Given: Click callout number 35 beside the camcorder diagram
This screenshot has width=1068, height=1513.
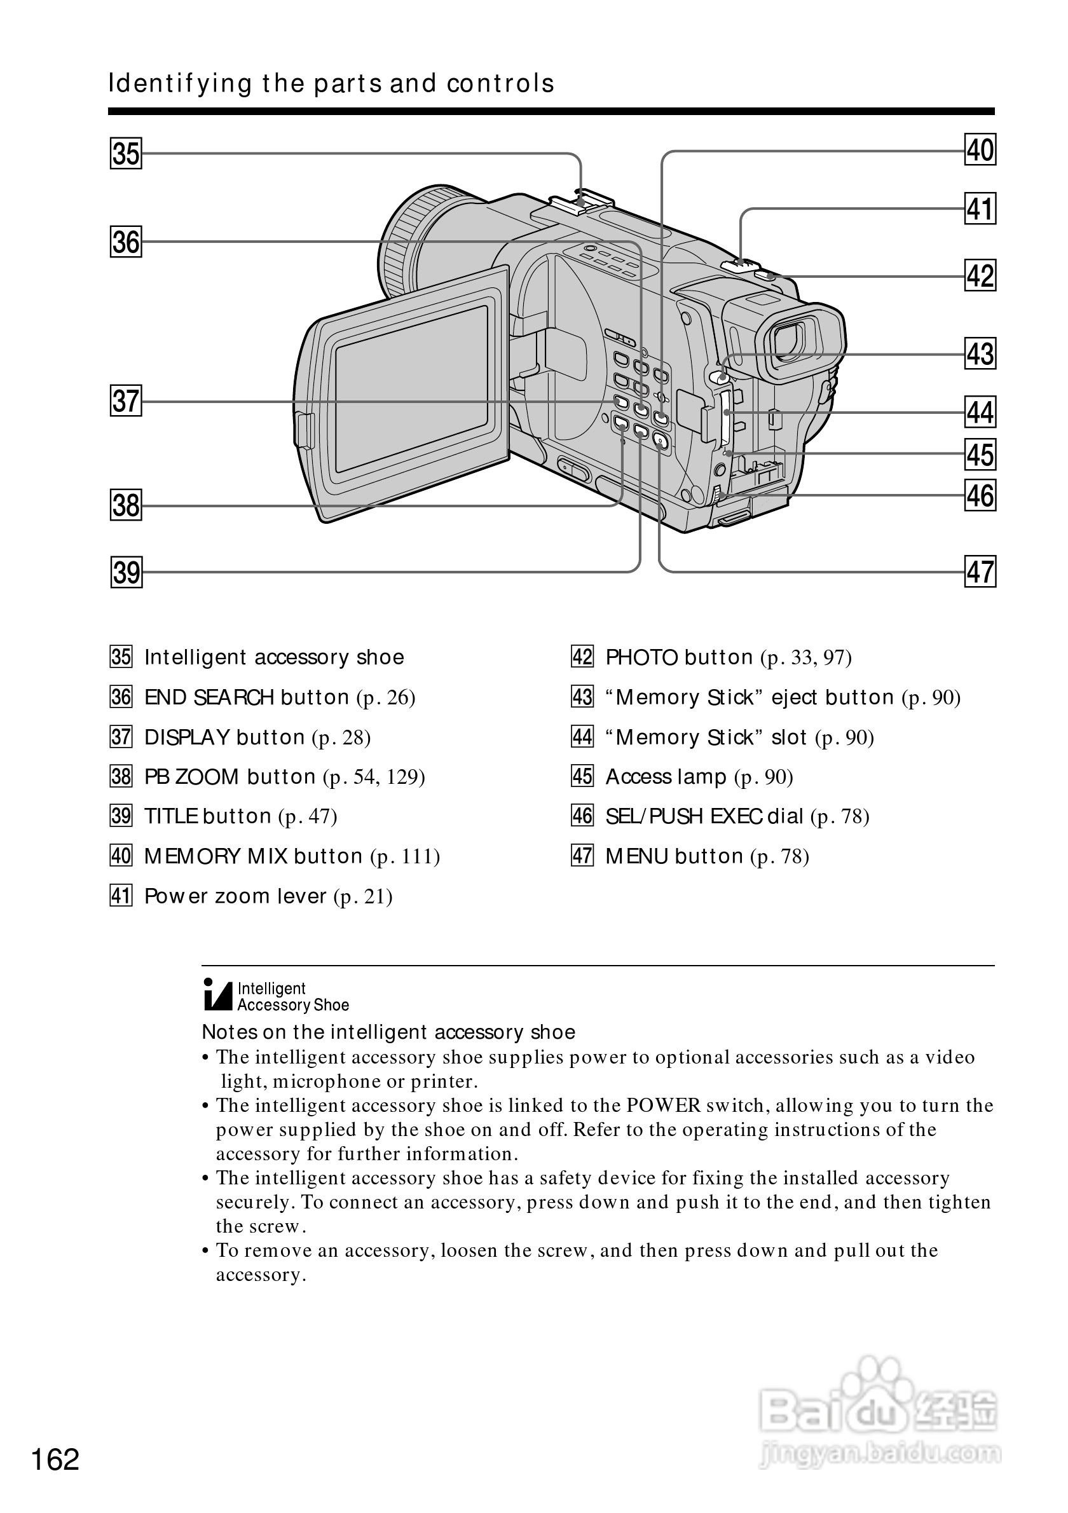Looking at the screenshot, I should coord(126,154).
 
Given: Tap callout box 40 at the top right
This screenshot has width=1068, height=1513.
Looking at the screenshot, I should coord(980,150).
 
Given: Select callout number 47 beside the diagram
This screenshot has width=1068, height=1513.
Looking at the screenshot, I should coord(980,572).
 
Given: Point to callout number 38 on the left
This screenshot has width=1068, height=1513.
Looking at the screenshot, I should coord(126,505).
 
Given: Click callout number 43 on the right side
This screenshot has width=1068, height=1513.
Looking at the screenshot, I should coord(980,353).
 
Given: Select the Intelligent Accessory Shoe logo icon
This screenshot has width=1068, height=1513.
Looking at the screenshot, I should coord(218,996).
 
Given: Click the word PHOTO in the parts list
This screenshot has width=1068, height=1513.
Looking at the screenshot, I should coord(641,658).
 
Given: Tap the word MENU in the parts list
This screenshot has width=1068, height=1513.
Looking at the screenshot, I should coord(636,857).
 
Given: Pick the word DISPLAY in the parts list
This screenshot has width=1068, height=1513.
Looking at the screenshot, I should coord(187,737).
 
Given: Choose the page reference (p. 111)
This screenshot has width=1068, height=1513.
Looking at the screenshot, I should coord(405,857).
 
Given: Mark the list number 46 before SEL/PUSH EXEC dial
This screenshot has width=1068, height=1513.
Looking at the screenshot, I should coord(582,816).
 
